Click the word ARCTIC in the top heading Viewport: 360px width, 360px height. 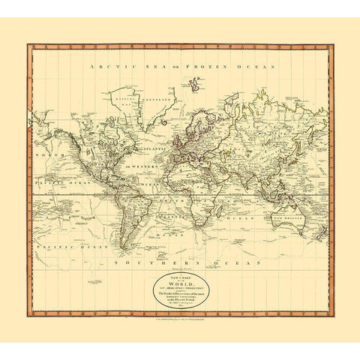[x=107, y=67]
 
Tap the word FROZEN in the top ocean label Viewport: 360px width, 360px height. [x=207, y=67]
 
